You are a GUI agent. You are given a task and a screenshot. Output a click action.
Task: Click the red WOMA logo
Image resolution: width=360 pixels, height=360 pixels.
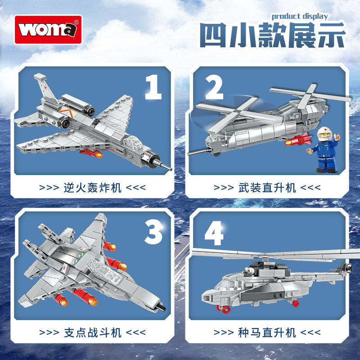point(48,30)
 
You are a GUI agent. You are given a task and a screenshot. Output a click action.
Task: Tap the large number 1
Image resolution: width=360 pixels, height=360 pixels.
point(153,87)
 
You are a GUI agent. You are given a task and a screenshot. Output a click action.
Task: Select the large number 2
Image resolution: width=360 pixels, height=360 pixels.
point(214,87)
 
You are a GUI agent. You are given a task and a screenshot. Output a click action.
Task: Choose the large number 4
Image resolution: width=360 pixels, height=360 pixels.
point(214,233)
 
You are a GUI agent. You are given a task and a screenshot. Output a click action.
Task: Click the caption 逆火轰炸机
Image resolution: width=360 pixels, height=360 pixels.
point(92,188)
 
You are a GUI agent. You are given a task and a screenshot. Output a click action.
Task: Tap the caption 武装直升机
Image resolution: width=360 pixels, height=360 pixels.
point(267,188)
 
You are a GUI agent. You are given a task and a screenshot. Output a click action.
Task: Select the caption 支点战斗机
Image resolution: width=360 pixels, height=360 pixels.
point(92,333)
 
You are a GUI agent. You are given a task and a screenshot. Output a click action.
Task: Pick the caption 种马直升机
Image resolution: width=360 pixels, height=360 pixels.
point(267,333)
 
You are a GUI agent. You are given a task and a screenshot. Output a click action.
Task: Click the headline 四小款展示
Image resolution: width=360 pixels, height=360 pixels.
point(273,35)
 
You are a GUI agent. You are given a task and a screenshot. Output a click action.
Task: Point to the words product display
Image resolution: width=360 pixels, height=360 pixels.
point(300,17)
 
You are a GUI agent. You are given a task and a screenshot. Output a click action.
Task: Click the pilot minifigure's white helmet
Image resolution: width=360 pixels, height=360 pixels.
point(324,133)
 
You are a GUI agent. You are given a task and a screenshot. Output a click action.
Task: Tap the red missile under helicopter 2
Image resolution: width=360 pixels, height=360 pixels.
point(298,140)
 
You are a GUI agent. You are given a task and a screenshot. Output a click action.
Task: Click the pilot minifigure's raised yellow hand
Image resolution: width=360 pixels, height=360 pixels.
point(337,137)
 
